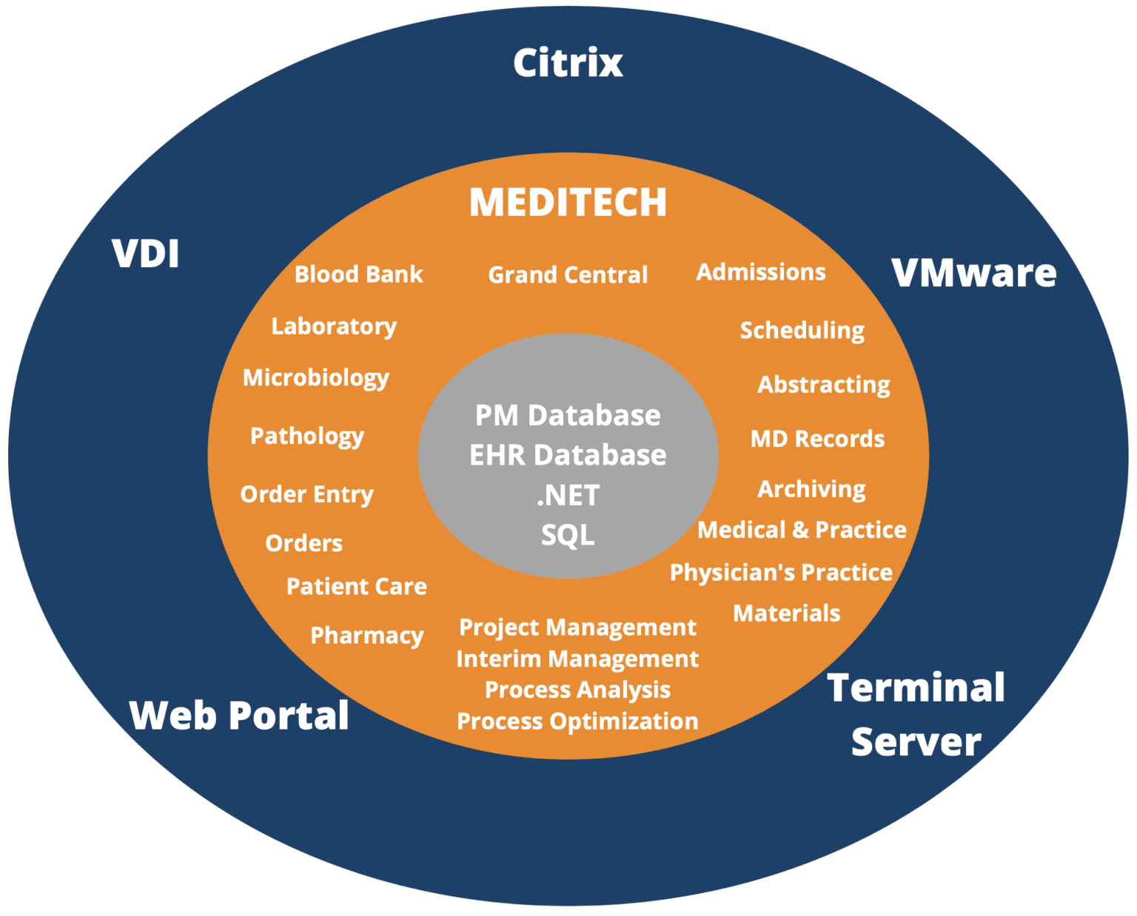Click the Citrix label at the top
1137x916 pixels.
568,62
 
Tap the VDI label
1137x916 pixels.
146,254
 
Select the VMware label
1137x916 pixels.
973,273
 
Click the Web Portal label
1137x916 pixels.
239,715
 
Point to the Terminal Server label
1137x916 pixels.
916,714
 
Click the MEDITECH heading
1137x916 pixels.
568,202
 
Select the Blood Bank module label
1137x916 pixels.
358,275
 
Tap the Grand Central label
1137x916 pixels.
568,275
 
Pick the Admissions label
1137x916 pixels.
760,272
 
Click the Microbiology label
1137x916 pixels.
316,378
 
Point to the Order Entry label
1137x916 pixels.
306,494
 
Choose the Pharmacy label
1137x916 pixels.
366,636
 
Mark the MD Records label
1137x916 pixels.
817,439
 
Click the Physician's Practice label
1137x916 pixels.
781,573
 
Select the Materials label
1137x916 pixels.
786,613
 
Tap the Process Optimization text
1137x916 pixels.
577,721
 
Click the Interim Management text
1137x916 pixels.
577,659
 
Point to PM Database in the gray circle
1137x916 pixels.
568,416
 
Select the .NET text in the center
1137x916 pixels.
568,496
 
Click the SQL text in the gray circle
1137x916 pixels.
568,535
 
